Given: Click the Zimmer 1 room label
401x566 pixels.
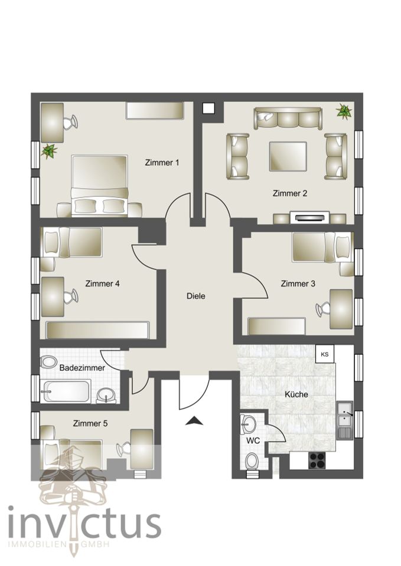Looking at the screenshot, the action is click(x=162, y=163).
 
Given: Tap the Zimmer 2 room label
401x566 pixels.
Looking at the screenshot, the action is click(x=290, y=193).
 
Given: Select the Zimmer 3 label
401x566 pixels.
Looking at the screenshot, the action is click(x=298, y=284).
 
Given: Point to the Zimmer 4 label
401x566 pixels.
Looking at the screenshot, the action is click(x=102, y=284).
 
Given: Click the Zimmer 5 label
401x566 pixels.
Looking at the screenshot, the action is click(x=90, y=423).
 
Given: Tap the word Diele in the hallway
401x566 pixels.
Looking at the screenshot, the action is click(x=195, y=296).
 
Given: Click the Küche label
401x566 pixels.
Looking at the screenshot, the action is click(x=296, y=394).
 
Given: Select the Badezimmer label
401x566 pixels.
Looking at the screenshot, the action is click(x=82, y=368).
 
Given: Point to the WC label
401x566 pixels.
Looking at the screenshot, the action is click(x=253, y=441).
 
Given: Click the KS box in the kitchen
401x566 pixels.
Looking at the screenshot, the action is click(x=325, y=354).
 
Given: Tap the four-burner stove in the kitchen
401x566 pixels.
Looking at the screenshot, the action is click(x=317, y=460).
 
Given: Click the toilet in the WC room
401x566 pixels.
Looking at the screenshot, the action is click(x=252, y=462).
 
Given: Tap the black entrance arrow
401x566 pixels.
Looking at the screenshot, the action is click(x=194, y=421).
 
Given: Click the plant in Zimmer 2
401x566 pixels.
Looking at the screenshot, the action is click(x=344, y=111).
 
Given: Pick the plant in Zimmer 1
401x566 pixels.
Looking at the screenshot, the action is click(x=49, y=151).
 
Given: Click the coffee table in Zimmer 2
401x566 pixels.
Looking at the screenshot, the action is click(x=288, y=156).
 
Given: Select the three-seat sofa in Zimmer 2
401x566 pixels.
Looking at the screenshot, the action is click(x=288, y=118).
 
